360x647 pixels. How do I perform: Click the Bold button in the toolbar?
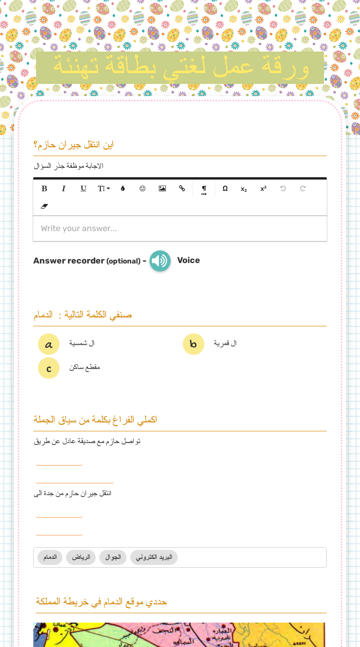pos(45,188)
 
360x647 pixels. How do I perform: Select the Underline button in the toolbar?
pos(83,188)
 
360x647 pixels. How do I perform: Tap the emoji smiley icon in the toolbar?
pos(142,188)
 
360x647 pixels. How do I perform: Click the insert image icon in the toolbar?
pos(162,188)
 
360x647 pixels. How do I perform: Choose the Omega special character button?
pos(225,188)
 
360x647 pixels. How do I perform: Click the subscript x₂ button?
pos(244,189)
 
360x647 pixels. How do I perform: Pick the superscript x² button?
pos(263,188)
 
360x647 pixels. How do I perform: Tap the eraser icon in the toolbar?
pos(45,206)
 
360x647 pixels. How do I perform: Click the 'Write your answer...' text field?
pos(180,229)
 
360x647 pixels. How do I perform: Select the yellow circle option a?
pos(49,345)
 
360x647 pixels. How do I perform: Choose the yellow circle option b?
pos(194,345)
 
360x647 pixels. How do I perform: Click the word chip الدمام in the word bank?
pos(50,557)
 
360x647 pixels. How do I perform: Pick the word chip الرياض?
pos(81,557)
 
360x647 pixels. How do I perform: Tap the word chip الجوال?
pos(113,557)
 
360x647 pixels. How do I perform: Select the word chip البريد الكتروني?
pos(154,557)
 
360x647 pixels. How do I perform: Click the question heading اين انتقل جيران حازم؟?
pos(74,145)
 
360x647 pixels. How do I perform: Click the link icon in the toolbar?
pos(182,188)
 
